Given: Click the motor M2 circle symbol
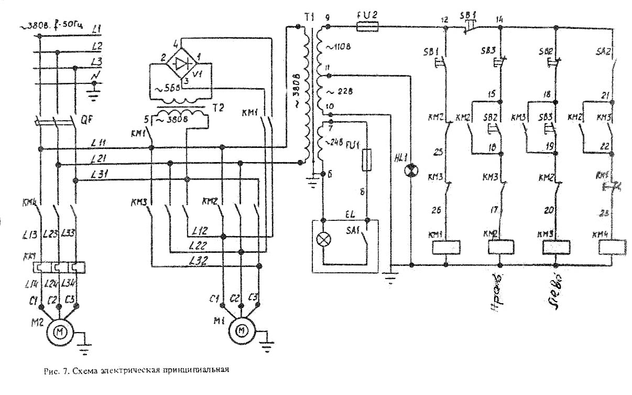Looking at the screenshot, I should point(61,331).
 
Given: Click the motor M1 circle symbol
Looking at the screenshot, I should point(242,331).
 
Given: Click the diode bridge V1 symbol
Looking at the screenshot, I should point(181,63).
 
